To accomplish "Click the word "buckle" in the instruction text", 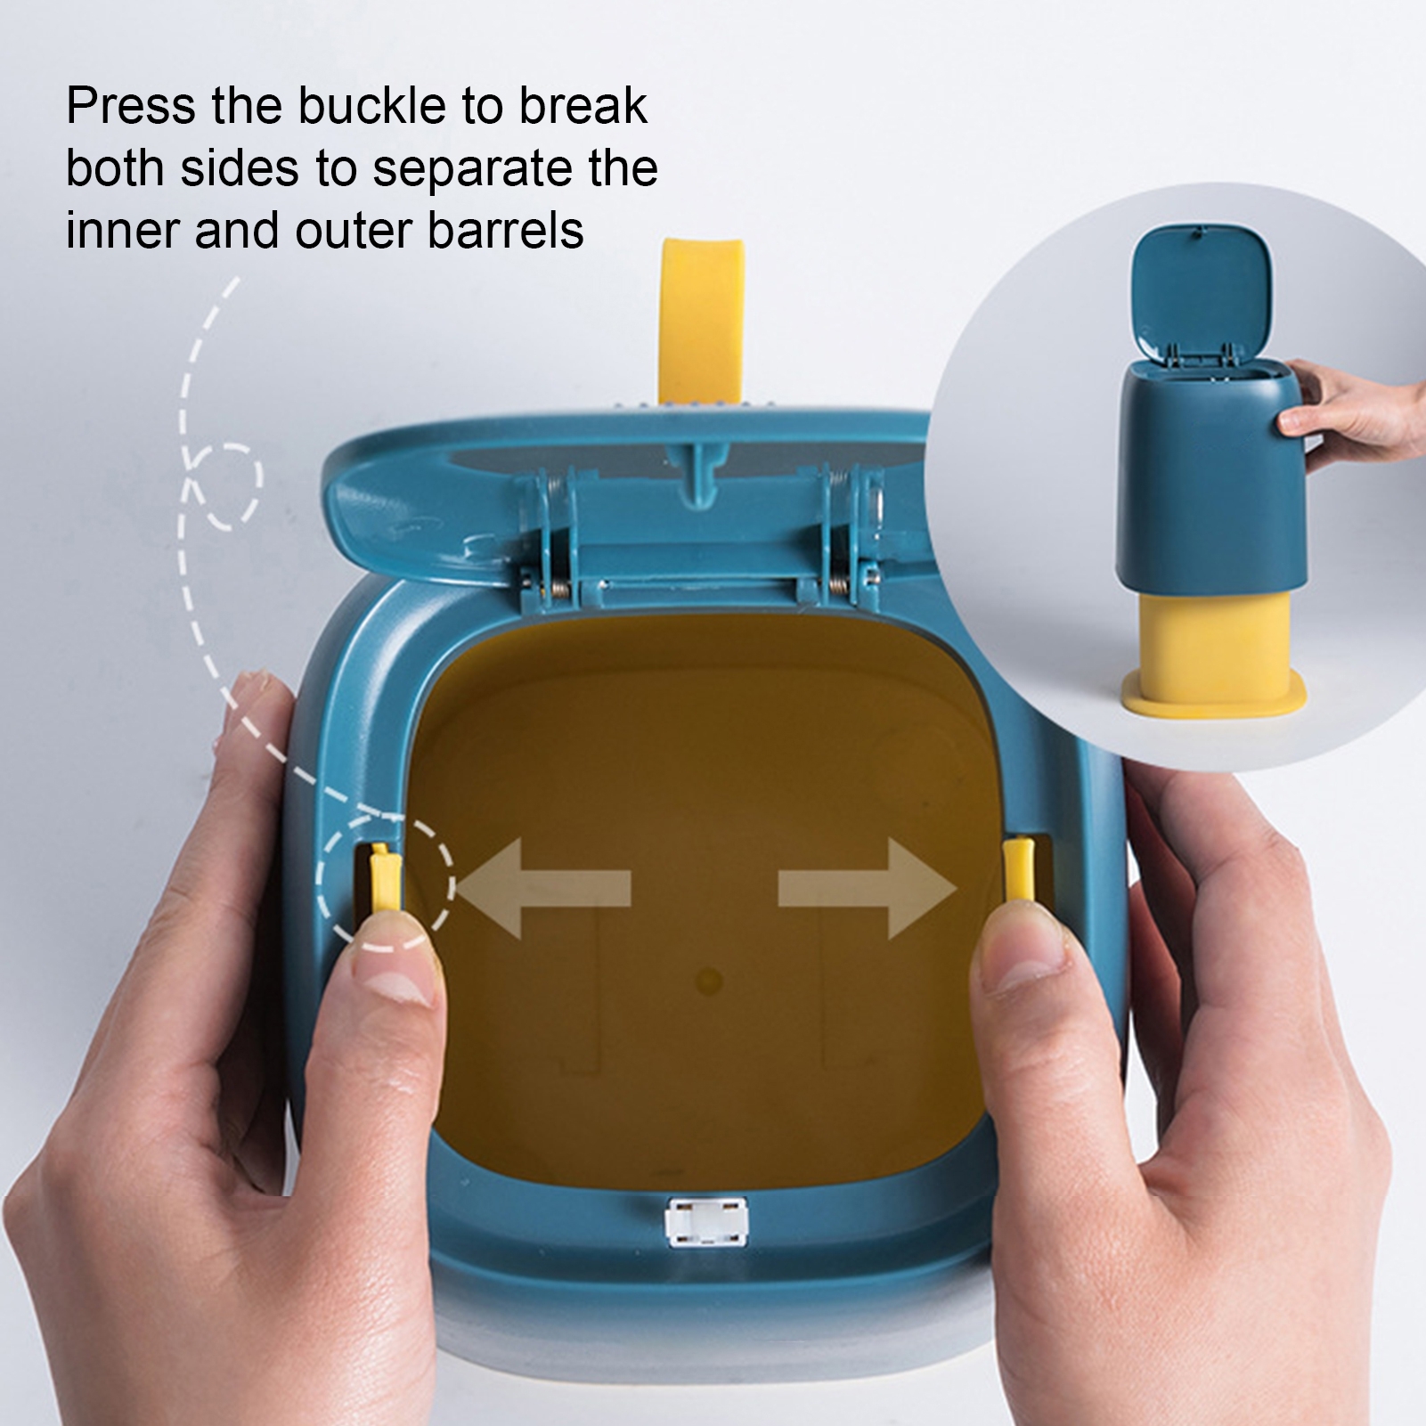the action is point(371,108).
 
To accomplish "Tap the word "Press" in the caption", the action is point(131,108).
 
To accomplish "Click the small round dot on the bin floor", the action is point(709,982).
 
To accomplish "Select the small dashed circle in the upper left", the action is point(224,486).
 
